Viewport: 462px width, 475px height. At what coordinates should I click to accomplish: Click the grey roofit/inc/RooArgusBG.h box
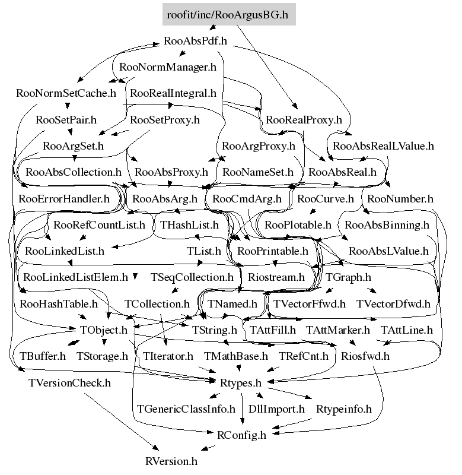tap(229, 14)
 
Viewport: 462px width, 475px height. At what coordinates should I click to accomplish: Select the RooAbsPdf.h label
tap(195, 40)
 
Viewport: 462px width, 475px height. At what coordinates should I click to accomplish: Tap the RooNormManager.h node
tap(168, 67)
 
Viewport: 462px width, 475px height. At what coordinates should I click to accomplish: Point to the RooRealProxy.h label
tap(304, 120)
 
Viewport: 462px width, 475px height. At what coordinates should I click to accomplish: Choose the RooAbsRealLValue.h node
tap(383, 146)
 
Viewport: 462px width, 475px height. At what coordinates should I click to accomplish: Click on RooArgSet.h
tap(73, 146)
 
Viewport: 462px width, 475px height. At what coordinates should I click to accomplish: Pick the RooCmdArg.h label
tap(247, 199)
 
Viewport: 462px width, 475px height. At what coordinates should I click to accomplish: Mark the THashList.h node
tap(189, 225)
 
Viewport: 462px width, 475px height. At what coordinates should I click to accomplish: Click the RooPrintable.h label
tap(273, 251)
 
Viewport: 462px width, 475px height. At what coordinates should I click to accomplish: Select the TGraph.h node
tap(348, 277)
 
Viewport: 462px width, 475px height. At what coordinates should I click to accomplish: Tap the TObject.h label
tap(103, 330)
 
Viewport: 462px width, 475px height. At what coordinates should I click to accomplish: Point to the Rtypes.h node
tap(241, 383)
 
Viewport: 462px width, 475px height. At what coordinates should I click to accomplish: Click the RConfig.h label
tap(241, 435)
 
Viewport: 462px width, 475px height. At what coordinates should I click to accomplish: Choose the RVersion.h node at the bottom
tap(171, 461)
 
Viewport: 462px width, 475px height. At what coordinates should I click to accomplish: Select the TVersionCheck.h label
tap(69, 383)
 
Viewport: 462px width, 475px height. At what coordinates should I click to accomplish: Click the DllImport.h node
tap(276, 409)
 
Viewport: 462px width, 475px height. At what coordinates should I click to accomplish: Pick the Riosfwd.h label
tap(365, 356)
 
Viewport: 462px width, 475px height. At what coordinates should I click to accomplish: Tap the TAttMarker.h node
tap(338, 330)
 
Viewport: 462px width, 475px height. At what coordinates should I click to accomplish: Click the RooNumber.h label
tap(400, 199)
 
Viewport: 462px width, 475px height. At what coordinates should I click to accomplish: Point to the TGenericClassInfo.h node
tap(186, 409)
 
